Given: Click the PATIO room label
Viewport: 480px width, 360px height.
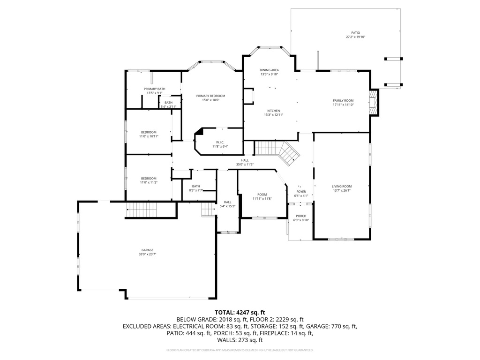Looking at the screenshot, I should click(355, 33).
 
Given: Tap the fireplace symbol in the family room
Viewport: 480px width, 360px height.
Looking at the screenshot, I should click(373, 102).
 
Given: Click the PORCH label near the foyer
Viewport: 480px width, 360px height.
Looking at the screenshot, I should click(300, 216).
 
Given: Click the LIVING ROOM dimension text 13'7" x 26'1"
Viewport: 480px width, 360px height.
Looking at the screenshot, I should click(341, 190).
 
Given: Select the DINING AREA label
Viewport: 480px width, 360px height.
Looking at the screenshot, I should click(269, 70).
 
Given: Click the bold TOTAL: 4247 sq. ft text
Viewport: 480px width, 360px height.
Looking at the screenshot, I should click(240, 312).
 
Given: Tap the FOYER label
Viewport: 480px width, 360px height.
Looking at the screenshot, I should click(300, 191).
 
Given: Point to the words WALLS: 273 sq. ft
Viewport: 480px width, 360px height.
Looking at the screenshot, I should click(240, 340).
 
